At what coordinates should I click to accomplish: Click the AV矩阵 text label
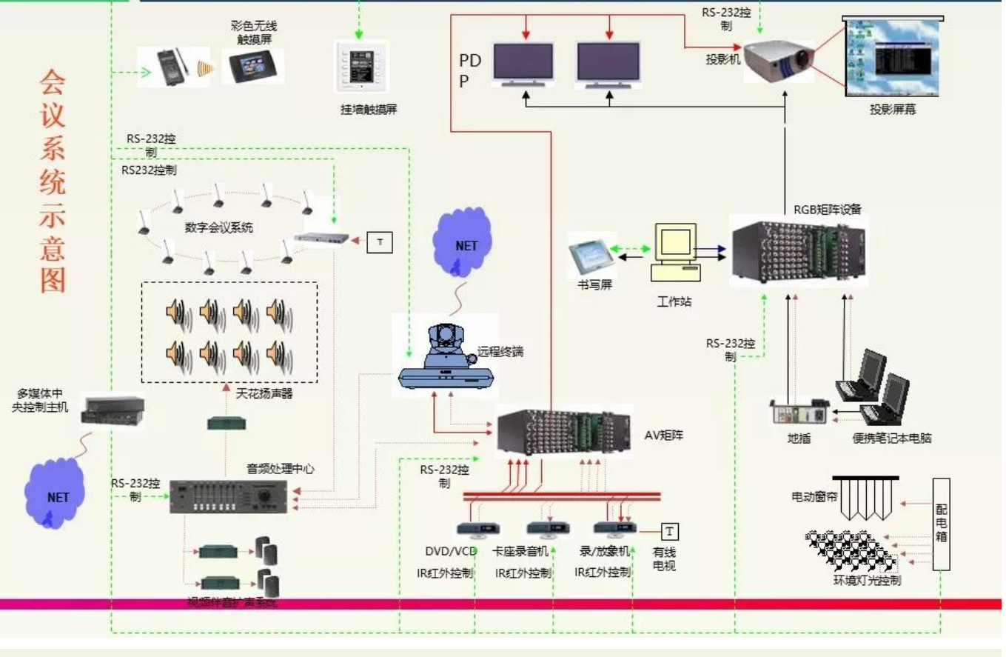[662, 436]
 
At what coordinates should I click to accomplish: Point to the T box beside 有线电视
[669, 531]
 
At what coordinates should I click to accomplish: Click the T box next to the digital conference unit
[380, 242]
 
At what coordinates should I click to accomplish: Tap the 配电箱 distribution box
[941, 524]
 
